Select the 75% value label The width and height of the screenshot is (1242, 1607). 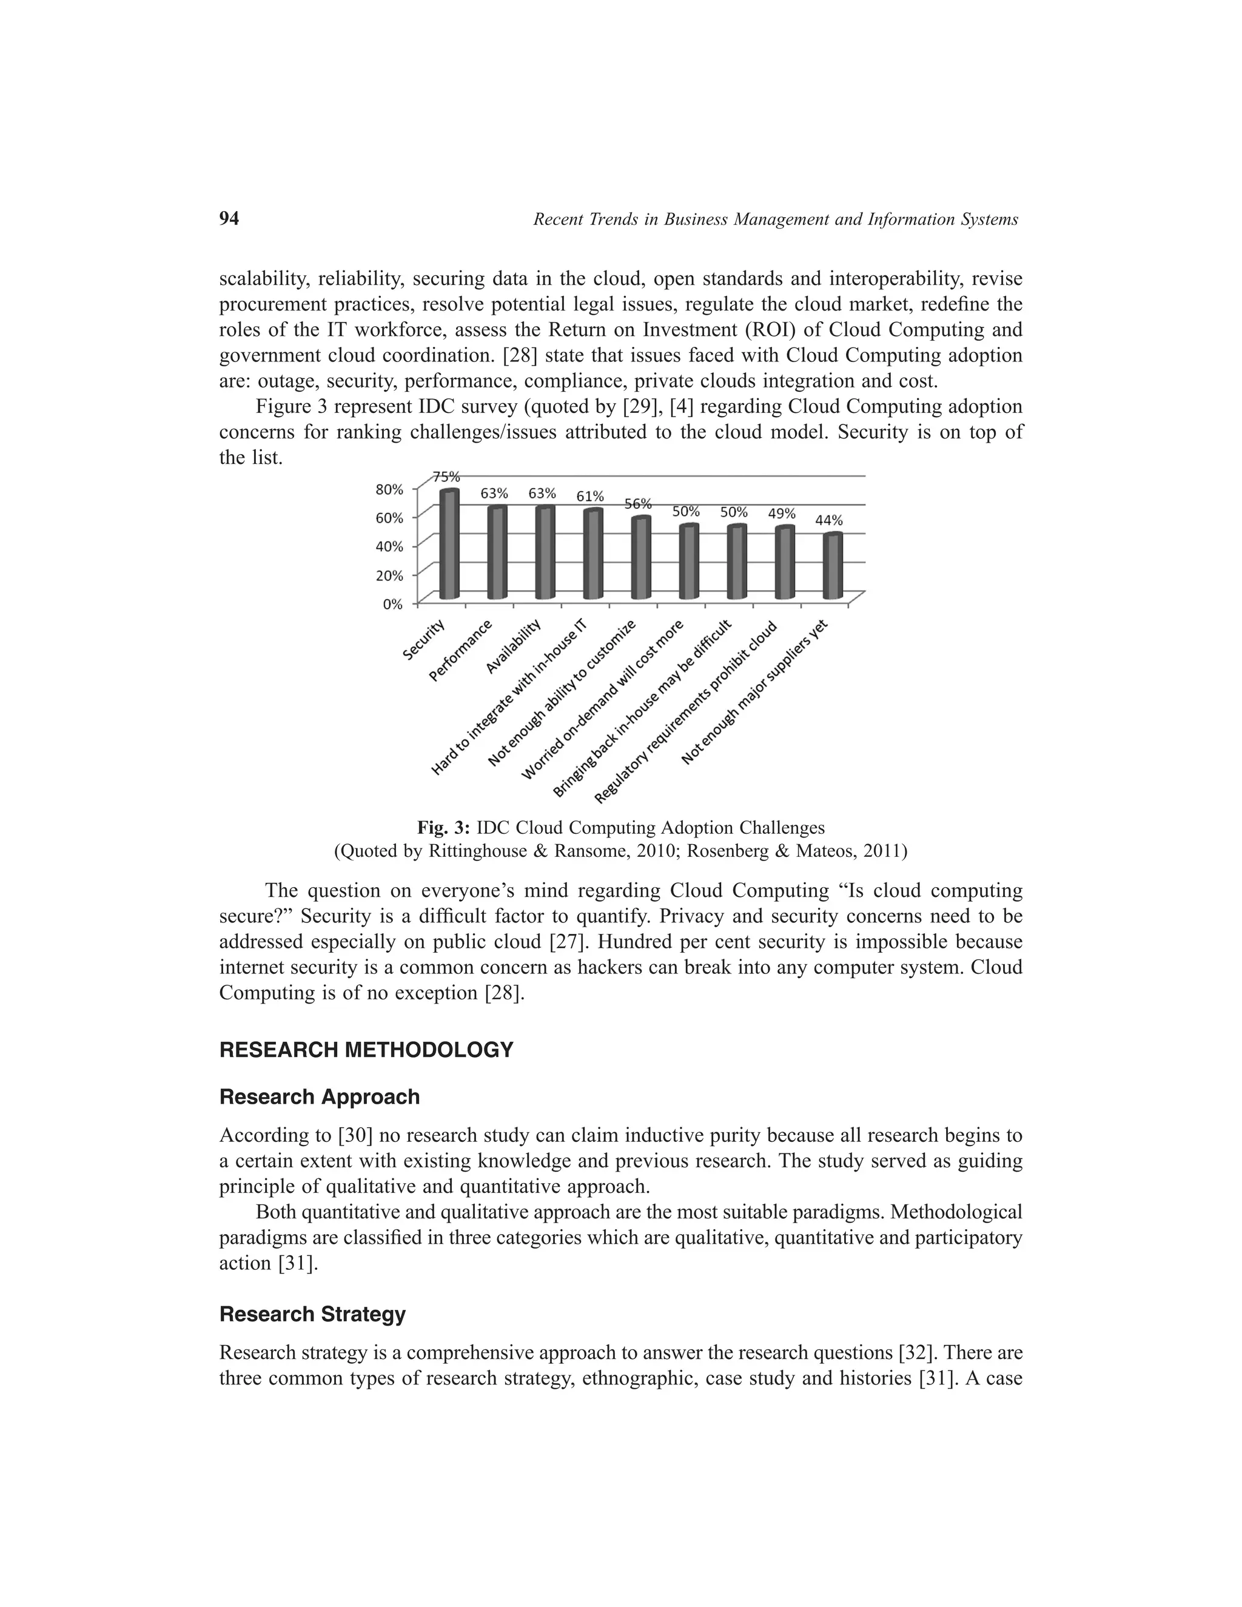pyautogui.click(x=446, y=476)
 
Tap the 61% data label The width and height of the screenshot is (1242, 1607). pyautogui.click(x=590, y=496)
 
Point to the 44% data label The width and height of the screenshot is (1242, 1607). pyautogui.click(x=829, y=520)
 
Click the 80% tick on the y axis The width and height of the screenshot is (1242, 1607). pyautogui.click(x=390, y=489)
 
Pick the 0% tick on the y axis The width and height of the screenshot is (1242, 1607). pyautogui.click(x=393, y=604)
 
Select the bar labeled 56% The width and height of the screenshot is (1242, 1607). pyautogui.click(x=641, y=558)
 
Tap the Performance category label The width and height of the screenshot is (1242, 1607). pyautogui.click(x=461, y=651)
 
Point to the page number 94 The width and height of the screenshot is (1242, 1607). pyautogui.click(x=229, y=218)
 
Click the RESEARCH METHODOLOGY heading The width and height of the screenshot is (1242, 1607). pyautogui.click(x=366, y=1050)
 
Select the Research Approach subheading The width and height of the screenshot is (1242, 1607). pyautogui.click(x=320, y=1097)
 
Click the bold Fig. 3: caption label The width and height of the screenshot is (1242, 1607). pyautogui.click(x=444, y=828)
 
